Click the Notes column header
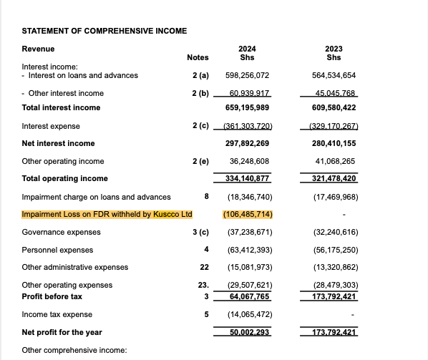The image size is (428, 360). [198, 57]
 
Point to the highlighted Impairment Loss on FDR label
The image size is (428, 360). [107, 214]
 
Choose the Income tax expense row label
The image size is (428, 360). [57, 314]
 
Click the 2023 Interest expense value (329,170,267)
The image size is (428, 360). [331, 126]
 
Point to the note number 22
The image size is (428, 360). [203, 267]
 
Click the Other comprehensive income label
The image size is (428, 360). [74, 350]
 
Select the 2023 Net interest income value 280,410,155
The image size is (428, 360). [333, 143]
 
